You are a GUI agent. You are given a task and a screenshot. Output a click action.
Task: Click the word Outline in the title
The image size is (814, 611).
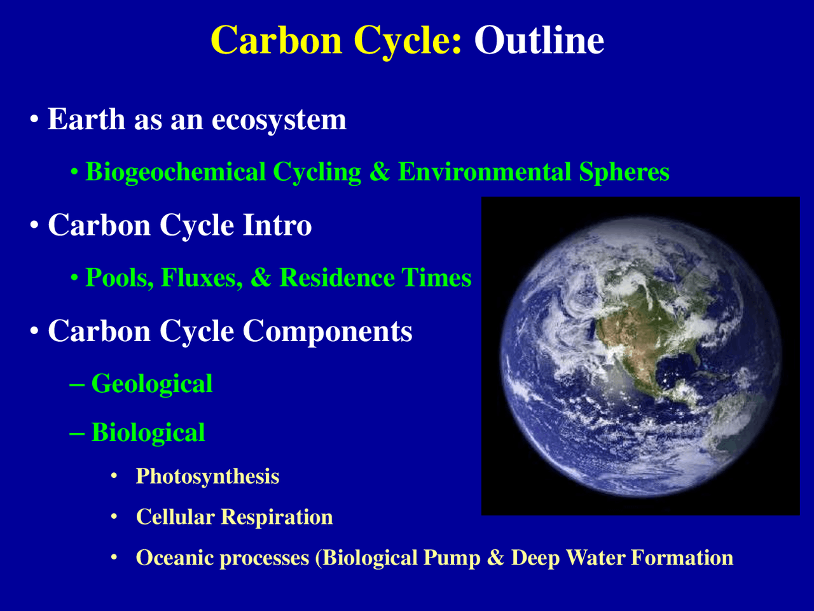point(539,41)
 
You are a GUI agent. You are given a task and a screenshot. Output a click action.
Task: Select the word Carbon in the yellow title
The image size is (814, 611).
point(277,41)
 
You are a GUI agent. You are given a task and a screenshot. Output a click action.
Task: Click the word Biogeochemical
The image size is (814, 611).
point(176,172)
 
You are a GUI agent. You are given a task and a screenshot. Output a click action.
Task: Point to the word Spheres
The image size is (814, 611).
point(624,172)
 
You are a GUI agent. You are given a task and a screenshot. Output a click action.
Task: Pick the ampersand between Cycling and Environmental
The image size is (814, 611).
point(380,172)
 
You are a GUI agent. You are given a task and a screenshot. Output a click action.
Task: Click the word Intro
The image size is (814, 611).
point(277,225)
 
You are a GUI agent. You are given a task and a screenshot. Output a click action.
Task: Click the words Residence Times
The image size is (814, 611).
point(375,278)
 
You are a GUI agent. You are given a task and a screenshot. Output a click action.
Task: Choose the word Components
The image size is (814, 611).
point(328,331)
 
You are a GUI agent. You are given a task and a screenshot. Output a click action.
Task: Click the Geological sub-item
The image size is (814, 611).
point(152,384)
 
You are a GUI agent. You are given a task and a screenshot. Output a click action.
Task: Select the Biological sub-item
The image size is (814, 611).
point(148,433)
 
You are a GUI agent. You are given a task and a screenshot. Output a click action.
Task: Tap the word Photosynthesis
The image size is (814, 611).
point(207,476)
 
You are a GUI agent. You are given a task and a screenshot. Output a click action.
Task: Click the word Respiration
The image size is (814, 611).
point(277,517)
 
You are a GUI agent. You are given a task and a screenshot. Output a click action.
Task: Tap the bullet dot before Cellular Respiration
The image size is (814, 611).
point(114,517)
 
